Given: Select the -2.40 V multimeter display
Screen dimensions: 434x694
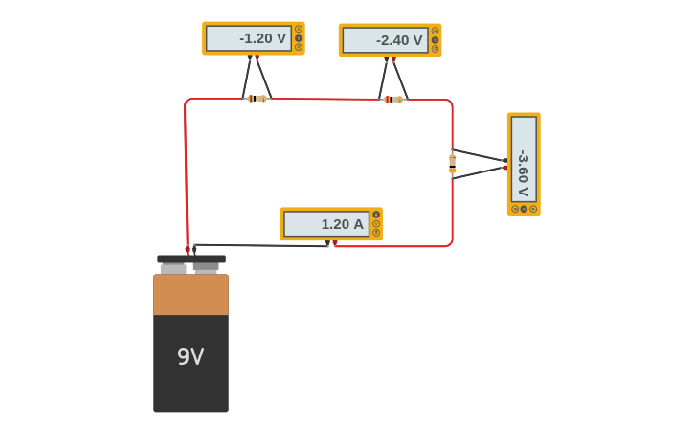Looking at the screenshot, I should pos(386,40).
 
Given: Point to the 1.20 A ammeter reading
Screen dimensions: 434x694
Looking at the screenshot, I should pos(326,224).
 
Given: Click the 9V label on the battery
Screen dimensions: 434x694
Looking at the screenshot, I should pos(190,357).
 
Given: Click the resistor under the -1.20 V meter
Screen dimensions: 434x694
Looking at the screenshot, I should pos(257,99).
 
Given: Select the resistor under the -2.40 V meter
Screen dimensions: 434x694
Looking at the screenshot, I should pos(393,100).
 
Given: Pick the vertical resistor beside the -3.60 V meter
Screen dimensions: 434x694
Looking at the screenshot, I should pos(452,163).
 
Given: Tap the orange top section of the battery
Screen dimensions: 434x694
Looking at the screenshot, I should pos(190,294).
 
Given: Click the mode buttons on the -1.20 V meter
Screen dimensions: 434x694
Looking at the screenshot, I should pos(299,38).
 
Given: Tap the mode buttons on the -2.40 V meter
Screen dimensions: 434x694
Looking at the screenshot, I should pos(436,40).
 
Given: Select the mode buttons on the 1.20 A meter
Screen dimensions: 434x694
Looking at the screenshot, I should pos(376,224).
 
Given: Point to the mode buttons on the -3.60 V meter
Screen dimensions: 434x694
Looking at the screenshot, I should pos(524,209).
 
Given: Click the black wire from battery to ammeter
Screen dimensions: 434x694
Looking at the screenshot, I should pos(258,246).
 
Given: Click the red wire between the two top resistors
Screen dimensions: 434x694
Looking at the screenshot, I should pos(325,99).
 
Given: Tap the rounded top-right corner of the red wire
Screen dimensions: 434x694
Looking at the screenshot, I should pos(449,103).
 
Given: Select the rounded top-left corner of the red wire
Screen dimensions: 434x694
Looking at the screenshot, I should pos(188,102).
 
